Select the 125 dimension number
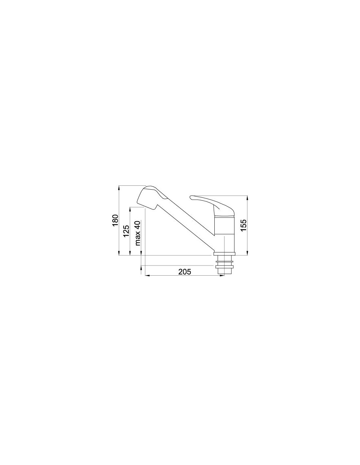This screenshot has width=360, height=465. point(126,231)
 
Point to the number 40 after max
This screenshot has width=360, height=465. point(138,224)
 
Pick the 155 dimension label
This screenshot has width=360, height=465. point(243,225)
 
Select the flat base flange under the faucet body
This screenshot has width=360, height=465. point(224,254)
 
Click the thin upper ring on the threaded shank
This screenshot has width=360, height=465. point(224,261)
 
